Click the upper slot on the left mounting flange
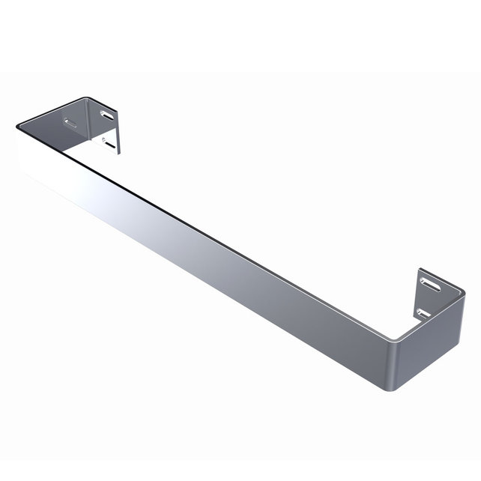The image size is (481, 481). pos(106,115)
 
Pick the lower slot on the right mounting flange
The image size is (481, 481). pos(423,311)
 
